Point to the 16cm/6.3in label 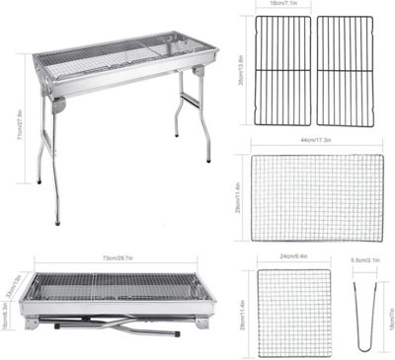click(4, 317)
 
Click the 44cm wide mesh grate click(316, 197)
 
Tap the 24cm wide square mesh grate click(294, 309)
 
